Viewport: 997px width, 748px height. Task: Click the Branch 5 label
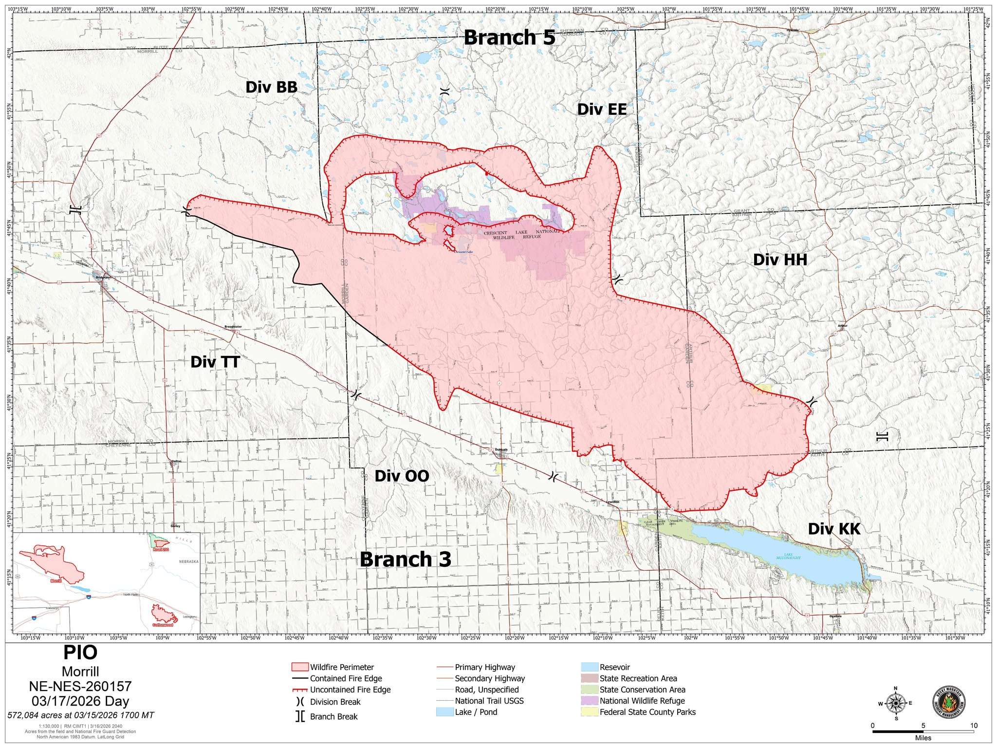pyautogui.click(x=509, y=37)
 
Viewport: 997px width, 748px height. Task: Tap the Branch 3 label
pyautogui.click(x=406, y=559)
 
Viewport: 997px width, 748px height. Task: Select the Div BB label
pyautogui.click(x=271, y=87)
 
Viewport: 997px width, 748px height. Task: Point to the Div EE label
pyautogui.click(x=602, y=109)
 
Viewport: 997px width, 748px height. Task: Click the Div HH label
pyautogui.click(x=780, y=260)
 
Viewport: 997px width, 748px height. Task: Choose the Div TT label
pyautogui.click(x=215, y=362)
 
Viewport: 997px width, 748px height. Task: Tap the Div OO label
pyautogui.click(x=402, y=476)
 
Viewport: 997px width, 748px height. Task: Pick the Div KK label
pyautogui.click(x=834, y=529)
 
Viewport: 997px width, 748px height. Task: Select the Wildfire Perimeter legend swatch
pyautogui.click(x=299, y=667)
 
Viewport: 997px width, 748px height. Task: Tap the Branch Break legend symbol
pyautogui.click(x=300, y=716)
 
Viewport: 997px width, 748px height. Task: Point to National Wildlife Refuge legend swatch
pyautogui.click(x=589, y=701)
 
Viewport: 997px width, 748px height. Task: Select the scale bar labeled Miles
pyautogui.click(x=923, y=731)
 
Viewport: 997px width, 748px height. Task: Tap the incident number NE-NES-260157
pyautogui.click(x=80, y=687)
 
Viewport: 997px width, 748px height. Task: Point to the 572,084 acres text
pyautogui.click(x=81, y=715)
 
